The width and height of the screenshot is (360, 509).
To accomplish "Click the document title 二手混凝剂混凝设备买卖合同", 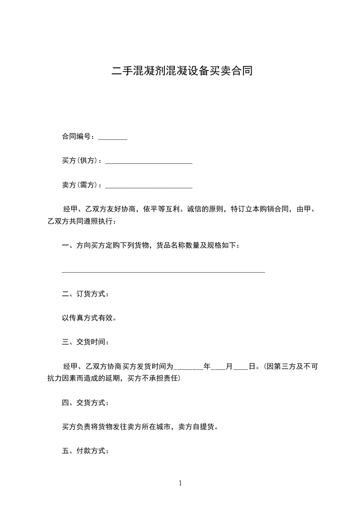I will (182, 71).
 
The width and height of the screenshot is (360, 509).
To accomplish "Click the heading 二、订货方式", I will (85, 294).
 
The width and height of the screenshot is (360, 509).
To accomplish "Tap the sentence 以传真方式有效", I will (89, 318).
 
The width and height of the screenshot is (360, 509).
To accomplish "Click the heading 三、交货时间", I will (85, 342).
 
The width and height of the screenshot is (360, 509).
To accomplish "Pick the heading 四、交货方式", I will (85, 402).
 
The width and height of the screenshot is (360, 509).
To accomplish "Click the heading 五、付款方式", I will (85, 451).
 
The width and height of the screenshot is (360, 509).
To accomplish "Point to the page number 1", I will (180, 483).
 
